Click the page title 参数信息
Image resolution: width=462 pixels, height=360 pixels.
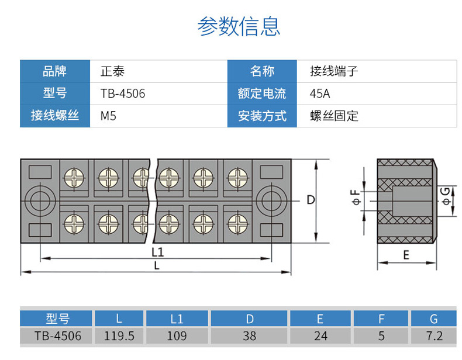(x=239, y=26)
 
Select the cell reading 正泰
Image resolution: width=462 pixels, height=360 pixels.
(x=112, y=71)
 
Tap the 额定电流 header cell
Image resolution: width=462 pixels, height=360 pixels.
(x=262, y=94)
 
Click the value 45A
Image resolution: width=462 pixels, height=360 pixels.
(x=320, y=94)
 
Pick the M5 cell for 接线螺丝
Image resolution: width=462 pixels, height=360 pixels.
(x=108, y=116)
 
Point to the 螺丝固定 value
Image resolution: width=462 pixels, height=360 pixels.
(x=334, y=116)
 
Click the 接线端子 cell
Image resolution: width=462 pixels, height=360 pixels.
(x=334, y=71)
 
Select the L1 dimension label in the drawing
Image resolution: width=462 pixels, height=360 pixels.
(x=158, y=252)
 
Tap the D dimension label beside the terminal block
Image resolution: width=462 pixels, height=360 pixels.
(x=311, y=200)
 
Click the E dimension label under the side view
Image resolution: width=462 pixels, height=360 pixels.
(x=406, y=255)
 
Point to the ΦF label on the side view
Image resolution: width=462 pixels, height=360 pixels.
(x=356, y=197)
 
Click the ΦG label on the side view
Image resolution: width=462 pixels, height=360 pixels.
(x=446, y=196)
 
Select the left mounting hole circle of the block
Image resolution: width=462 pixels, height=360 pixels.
(x=40, y=201)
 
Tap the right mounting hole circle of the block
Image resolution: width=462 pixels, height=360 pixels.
(x=271, y=201)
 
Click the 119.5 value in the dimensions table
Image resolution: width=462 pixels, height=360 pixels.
(x=119, y=336)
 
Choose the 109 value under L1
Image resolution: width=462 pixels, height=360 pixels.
(x=177, y=336)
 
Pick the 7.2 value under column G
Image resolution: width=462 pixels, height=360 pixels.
(x=435, y=336)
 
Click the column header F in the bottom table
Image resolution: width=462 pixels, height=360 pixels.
(x=381, y=319)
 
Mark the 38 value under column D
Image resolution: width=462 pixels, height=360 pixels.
(x=249, y=336)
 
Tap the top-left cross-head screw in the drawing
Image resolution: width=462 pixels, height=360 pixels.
(x=74, y=178)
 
